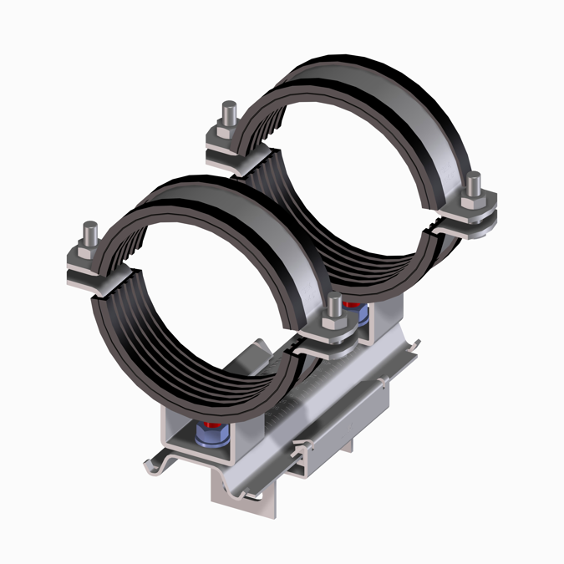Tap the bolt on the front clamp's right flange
[x=333, y=306]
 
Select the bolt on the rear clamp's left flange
[x=228, y=112]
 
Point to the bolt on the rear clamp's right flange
[x=473, y=184]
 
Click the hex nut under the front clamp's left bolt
[x=88, y=256]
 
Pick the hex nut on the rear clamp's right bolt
[x=473, y=201]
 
